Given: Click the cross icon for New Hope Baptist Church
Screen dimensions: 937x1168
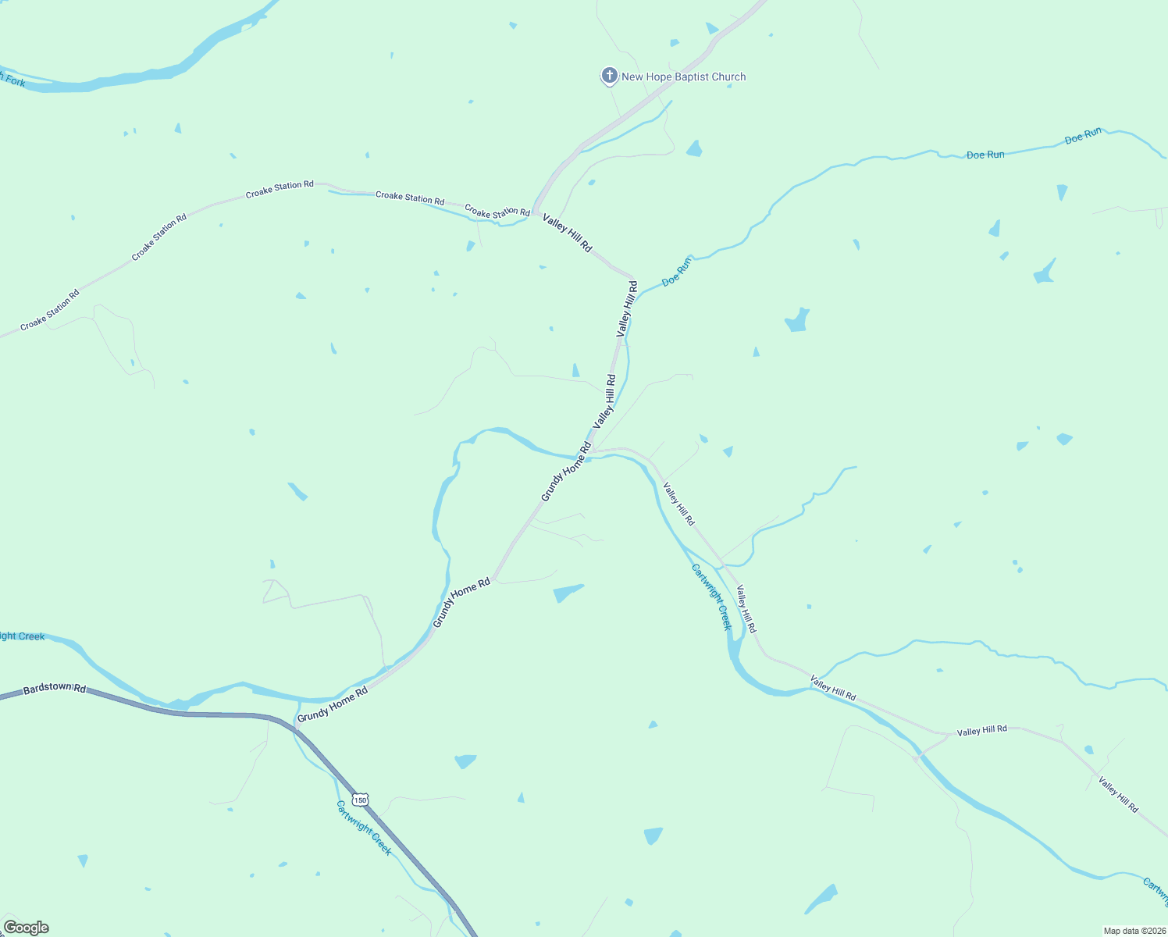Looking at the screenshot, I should coord(609,77).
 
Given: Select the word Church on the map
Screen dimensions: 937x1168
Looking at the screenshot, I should coord(728,77).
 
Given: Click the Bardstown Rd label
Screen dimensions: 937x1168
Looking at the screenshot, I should coord(54,688).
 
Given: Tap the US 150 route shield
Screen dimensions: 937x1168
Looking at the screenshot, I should coord(359,800).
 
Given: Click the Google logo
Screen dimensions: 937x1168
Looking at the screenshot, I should coord(26,928).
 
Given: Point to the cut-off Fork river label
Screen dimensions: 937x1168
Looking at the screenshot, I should coord(13,80).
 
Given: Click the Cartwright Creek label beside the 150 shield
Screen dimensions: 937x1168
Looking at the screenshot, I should coord(364,828).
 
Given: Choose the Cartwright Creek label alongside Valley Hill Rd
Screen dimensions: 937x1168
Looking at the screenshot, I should coord(712,597).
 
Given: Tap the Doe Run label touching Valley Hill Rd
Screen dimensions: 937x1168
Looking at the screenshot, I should coord(676,272).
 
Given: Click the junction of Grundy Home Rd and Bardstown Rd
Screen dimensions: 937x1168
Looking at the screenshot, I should coord(296,726).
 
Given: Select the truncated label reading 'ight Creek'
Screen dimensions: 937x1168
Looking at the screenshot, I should coord(22,636).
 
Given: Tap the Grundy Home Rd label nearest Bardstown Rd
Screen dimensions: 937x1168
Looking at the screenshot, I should coord(332,704).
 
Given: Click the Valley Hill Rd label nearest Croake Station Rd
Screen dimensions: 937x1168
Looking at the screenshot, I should coord(568,233).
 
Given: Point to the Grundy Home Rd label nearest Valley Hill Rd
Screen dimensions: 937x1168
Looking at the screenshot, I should coord(566,472).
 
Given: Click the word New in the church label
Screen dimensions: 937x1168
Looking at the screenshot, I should coord(632,77).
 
